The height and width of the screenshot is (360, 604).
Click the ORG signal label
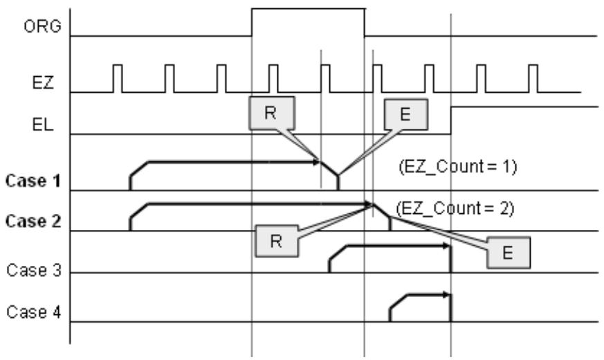[x=42, y=26]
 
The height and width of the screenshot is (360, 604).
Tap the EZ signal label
[x=43, y=83]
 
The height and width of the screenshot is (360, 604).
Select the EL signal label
[x=43, y=125]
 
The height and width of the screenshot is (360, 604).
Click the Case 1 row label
[x=33, y=181]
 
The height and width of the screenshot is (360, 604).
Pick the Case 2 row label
[x=33, y=222]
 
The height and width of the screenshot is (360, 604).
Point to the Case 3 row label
[x=34, y=270]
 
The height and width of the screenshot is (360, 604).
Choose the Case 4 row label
[x=34, y=312]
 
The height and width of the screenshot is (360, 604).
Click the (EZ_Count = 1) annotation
[x=458, y=167]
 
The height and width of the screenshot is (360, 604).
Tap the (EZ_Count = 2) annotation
[x=455, y=208]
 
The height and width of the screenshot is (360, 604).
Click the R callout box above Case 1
[x=272, y=114]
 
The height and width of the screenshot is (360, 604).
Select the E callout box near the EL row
[x=406, y=114]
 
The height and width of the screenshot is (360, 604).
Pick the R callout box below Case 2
[x=277, y=241]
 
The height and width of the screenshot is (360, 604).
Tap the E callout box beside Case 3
[x=509, y=253]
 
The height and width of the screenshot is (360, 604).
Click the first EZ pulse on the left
[x=118, y=79]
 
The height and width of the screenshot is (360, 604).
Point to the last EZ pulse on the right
[x=533, y=79]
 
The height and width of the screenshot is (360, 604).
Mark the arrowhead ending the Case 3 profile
[x=446, y=246]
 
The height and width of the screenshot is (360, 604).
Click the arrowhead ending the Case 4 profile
[x=446, y=295]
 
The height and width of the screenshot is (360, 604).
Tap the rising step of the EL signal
[x=451, y=120]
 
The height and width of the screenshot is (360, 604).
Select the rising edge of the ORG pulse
[x=252, y=22]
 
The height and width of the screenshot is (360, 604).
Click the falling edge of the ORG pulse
[x=365, y=22]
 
